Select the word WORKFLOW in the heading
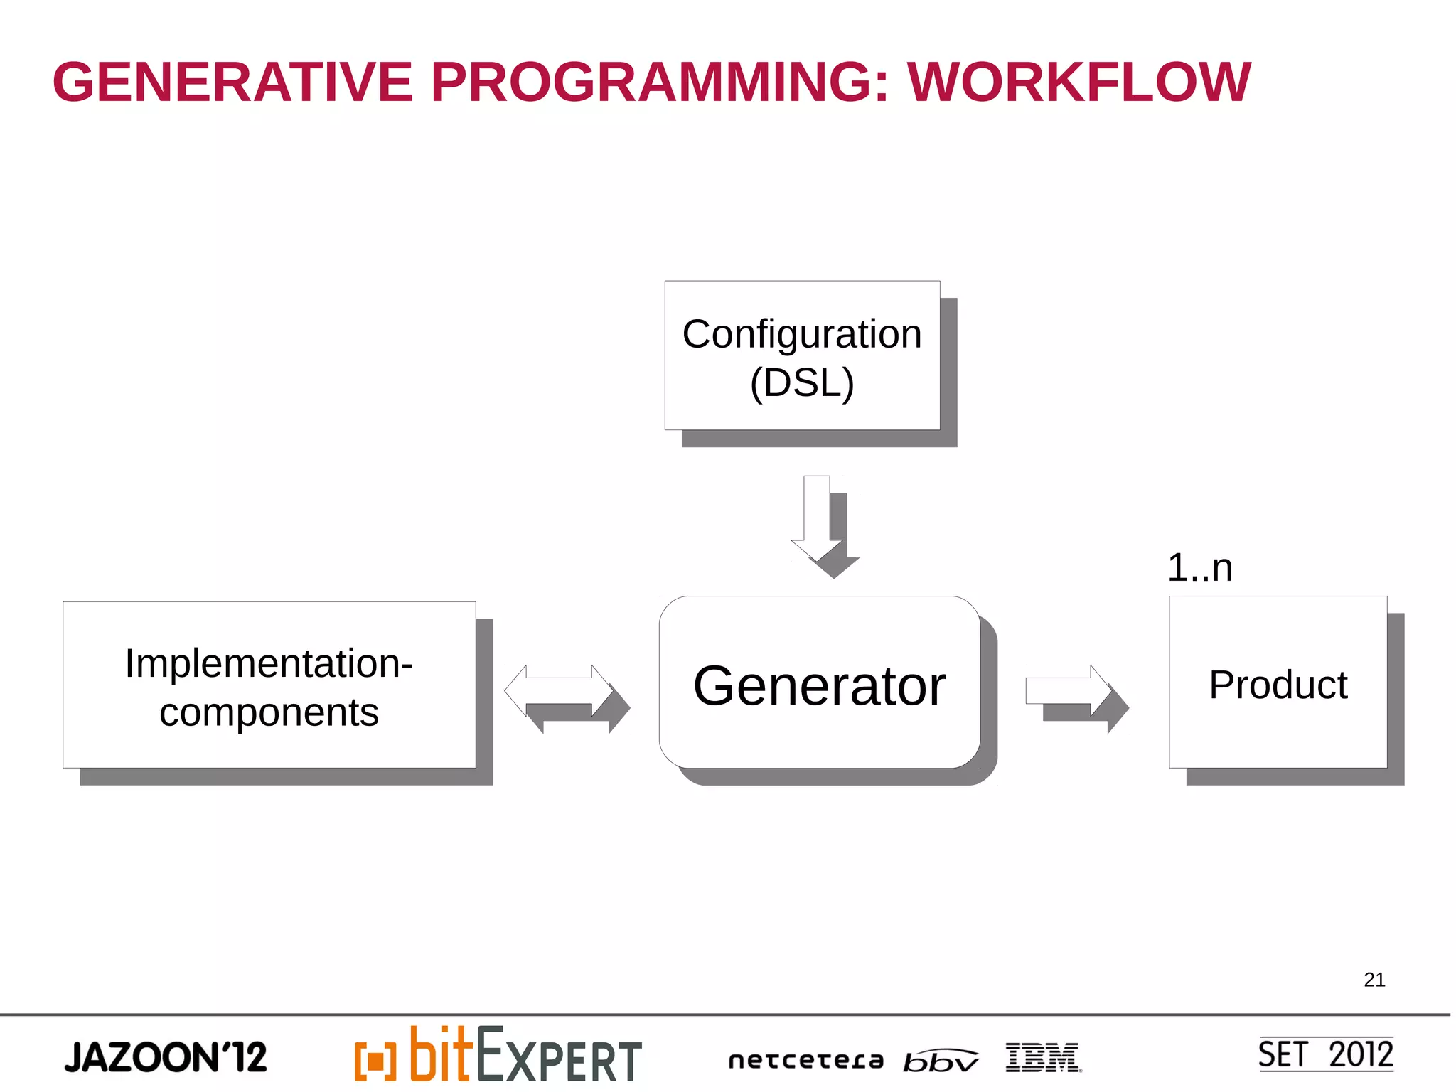(x=1078, y=82)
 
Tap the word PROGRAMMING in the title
(x=660, y=82)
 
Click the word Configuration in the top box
(x=801, y=334)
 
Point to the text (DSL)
(x=801, y=383)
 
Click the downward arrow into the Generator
(x=817, y=519)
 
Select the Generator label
(x=819, y=685)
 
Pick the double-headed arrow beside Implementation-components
(x=559, y=690)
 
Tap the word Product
(x=1278, y=685)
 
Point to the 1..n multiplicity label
(x=1199, y=568)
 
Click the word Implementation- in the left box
(x=269, y=663)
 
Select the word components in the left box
(x=269, y=712)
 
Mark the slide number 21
(x=1374, y=980)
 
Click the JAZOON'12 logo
(x=166, y=1057)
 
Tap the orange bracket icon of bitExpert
(x=375, y=1061)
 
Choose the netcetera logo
(x=805, y=1061)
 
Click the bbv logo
(x=940, y=1061)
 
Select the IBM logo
(x=1042, y=1057)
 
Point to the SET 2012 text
(x=1325, y=1054)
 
